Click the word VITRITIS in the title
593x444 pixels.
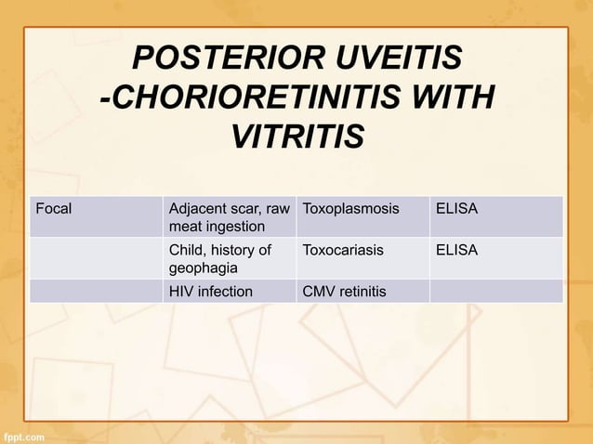point(296,137)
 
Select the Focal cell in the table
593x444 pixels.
point(53,208)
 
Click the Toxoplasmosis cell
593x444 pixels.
point(349,208)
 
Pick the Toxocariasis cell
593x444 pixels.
point(343,250)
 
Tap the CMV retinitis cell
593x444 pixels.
point(344,292)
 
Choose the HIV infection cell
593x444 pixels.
point(210,292)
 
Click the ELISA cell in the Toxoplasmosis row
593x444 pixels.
point(456,208)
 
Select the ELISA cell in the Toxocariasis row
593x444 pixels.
point(456,250)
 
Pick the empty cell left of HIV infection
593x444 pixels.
point(96,292)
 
